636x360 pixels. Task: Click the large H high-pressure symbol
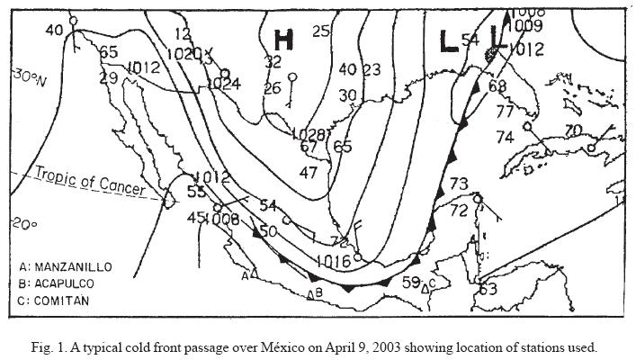tap(283, 40)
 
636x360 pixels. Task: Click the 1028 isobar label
tap(309, 132)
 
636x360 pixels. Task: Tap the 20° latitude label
tap(23, 223)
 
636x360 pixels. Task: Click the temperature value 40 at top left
tap(55, 30)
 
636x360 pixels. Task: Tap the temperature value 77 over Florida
tap(505, 112)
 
